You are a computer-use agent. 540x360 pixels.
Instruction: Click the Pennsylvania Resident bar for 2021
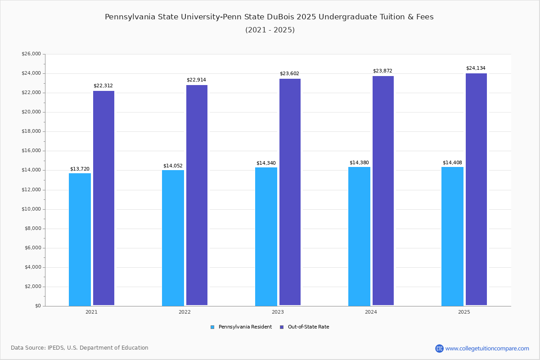click(x=80, y=239)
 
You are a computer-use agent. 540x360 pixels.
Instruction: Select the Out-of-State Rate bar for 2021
click(x=103, y=198)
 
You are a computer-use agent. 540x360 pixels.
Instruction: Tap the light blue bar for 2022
click(x=173, y=238)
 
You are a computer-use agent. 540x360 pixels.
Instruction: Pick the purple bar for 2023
click(x=290, y=192)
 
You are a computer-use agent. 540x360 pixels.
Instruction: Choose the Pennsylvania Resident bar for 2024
click(x=359, y=236)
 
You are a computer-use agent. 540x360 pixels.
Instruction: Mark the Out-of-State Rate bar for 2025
click(x=476, y=189)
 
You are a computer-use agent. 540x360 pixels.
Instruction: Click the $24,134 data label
click(x=476, y=68)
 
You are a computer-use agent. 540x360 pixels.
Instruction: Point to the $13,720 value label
click(x=80, y=169)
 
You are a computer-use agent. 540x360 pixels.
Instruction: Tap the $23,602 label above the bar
click(x=289, y=74)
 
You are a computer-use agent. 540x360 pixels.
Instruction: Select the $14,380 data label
click(x=359, y=163)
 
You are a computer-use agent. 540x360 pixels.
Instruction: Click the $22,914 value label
click(x=196, y=80)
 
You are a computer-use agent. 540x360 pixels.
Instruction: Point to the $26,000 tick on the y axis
click(x=31, y=54)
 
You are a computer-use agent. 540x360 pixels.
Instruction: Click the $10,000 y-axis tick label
click(x=31, y=209)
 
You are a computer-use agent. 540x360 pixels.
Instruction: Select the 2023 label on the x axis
click(x=278, y=312)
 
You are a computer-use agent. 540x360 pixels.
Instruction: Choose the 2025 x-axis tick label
click(x=464, y=312)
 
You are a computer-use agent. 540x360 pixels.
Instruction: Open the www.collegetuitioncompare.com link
click(x=487, y=348)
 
